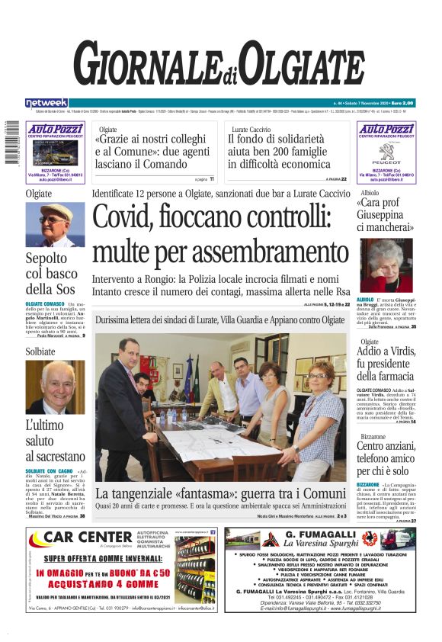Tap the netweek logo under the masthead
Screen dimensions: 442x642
[x=46, y=102]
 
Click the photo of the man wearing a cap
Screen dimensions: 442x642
[x=56, y=225]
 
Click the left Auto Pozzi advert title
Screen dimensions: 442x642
[x=55, y=130]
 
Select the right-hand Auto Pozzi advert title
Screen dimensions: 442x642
[x=386, y=130]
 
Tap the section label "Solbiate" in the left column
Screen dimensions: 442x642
[x=40, y=351]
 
